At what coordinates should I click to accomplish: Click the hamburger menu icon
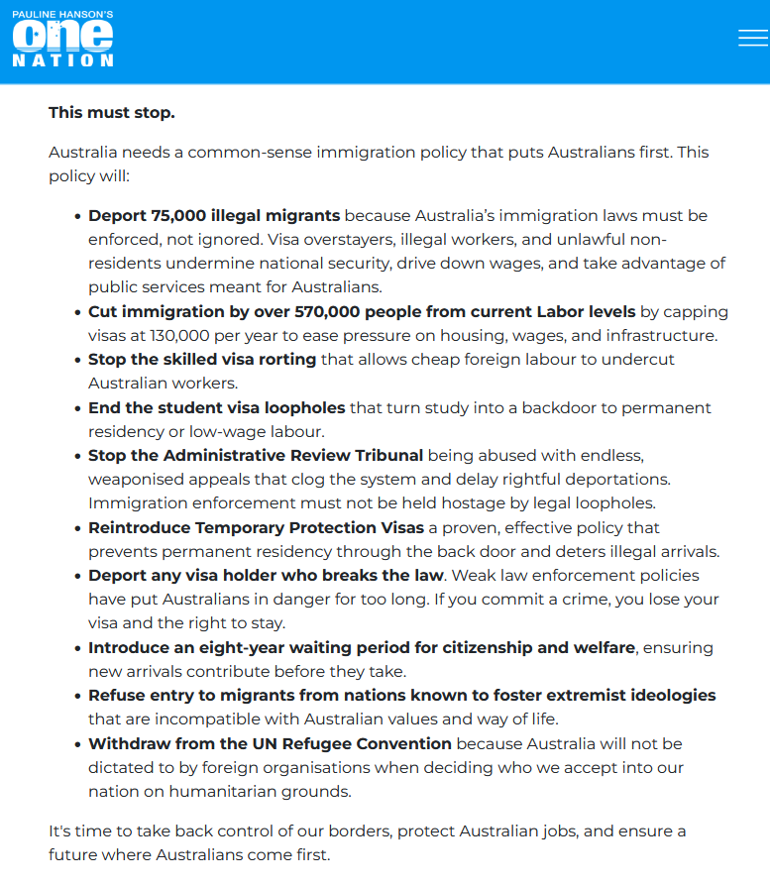click(x=753, y=38)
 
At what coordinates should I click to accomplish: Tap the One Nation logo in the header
click(x=63, y=41)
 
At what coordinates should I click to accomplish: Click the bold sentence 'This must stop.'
click(x=112, y=112)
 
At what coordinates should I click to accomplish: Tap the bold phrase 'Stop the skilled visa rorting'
click(x=202, y=359)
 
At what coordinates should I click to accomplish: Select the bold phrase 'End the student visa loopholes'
click(x=217, y=407)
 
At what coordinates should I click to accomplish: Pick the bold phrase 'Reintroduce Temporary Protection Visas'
click(x=257, y=527)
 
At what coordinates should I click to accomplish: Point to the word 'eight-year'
click(x=237, y=647)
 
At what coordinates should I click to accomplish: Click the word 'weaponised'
click(x=135, y=479)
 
